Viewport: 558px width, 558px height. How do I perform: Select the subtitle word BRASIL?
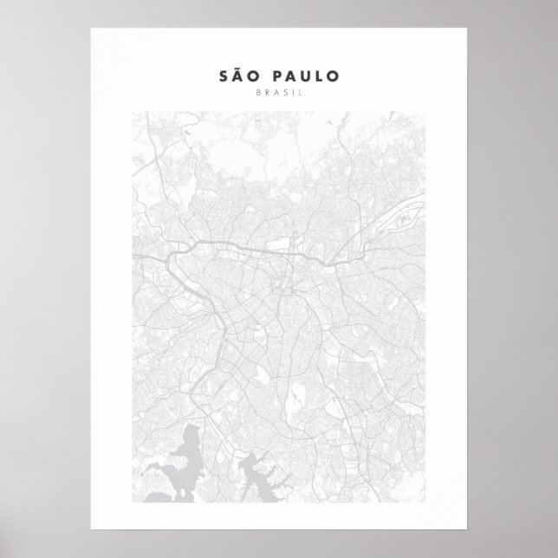[x=278, y=92]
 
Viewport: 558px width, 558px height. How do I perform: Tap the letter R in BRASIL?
[x=269, y=92]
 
